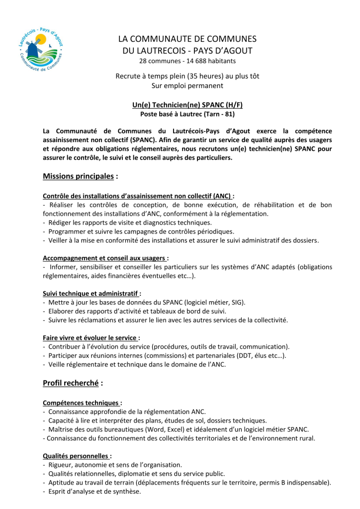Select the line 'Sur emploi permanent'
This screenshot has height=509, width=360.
click(x=187, y=85)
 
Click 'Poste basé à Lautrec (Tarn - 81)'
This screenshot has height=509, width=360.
click(x=187, y=114)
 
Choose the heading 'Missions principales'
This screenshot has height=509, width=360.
click(x=79, y=176)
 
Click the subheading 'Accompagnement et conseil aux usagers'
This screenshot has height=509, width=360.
click(x=104, y=258)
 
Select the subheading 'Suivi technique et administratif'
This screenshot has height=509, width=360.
click(x=91, y=294)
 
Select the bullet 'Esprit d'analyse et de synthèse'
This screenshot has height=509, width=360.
click(x=94, y=492)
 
